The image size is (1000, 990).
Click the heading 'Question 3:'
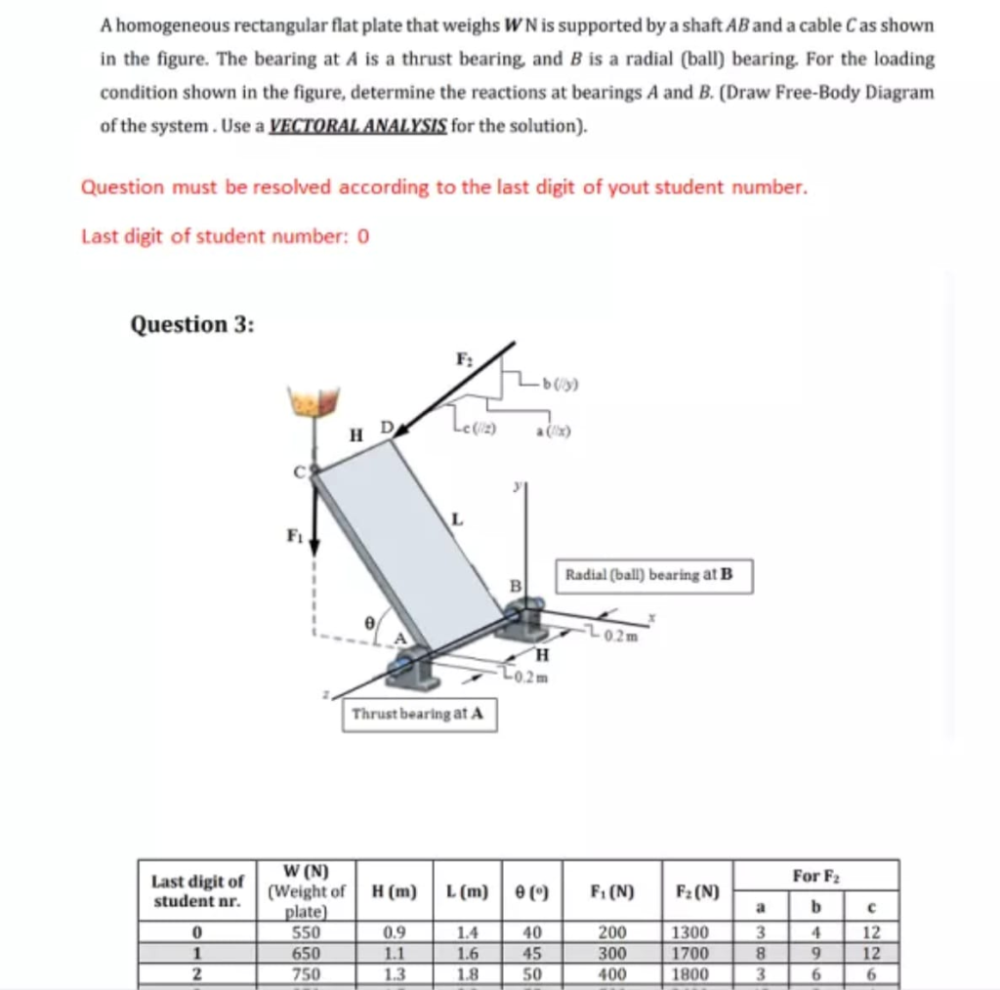[x=192, y=324]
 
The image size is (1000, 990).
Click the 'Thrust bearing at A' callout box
[x=417, y=714]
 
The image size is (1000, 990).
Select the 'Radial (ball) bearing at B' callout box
[x=654, y=574]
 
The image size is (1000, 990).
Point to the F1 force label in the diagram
[x=292, y=535]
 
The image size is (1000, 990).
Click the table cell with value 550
[x=305, y=930]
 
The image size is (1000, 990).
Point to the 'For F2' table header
[x=815, y=873]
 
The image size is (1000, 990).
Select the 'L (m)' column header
[x=463, y=890]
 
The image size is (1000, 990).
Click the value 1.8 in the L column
[x=463, y=973]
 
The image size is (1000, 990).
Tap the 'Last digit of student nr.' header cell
[x=197, y=889]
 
